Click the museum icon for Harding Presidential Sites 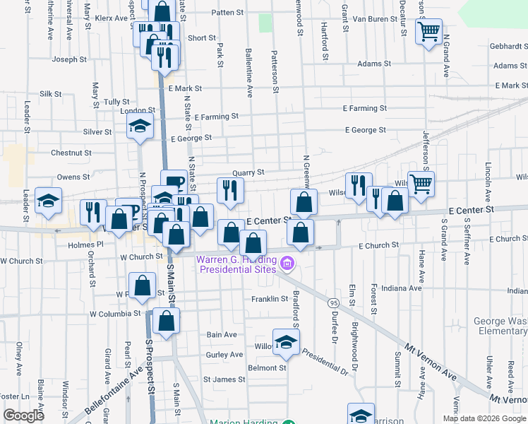tap(287, 264)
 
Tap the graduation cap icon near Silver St tap(140, 126)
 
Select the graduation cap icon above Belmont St tap(285, 343)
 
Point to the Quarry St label tap(250, 172)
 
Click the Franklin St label tap(269, 299)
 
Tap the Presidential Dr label tap(325, 360)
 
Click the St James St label tap(224, 379)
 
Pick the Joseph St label tap(69, 59)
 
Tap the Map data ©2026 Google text tap(484, 418)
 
